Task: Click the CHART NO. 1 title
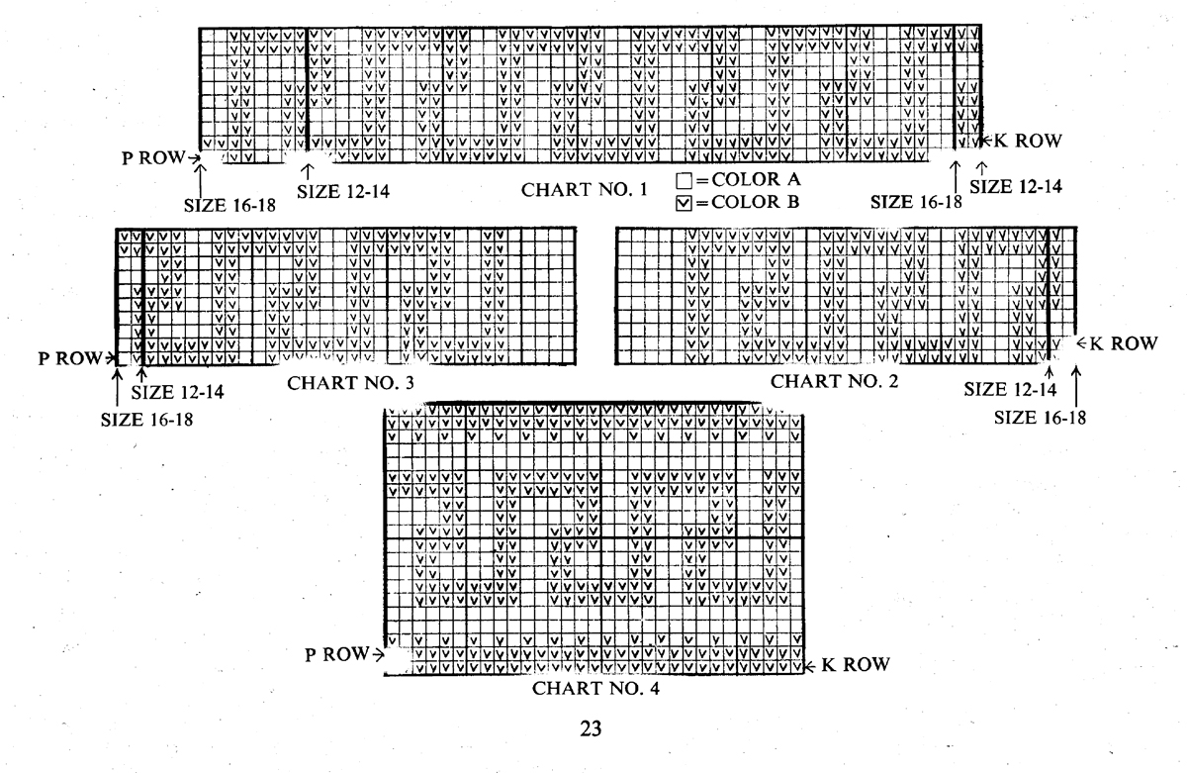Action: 585,188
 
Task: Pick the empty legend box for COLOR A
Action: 684,181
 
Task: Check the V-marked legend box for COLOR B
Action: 684,203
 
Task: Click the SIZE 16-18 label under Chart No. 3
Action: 147,419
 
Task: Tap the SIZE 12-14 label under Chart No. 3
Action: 178,392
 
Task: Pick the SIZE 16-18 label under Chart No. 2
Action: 1040,417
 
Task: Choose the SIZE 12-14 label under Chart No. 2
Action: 1010,390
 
